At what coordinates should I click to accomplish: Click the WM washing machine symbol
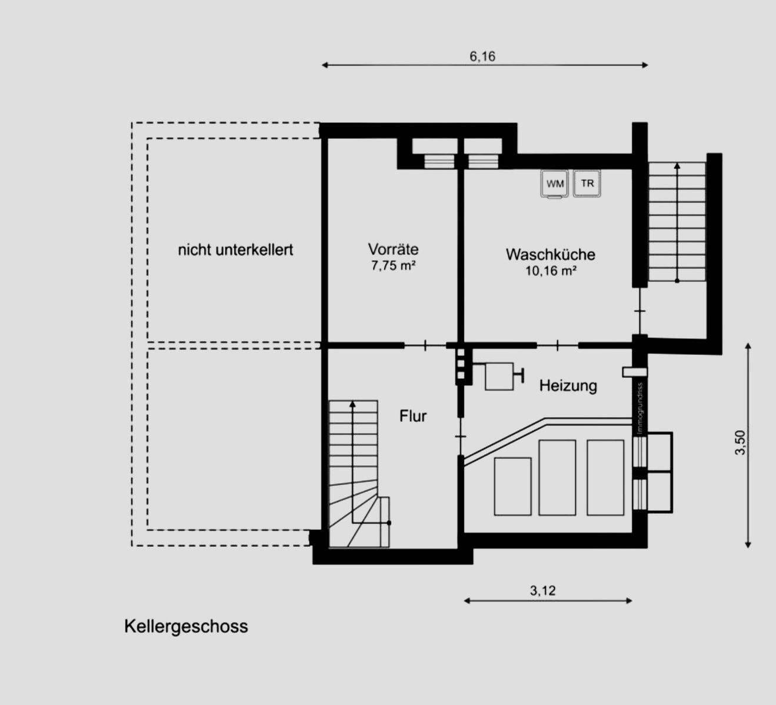pyautogui.click(x=554, y=184)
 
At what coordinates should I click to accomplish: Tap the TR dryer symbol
pyautogui.click(x=587, y=183)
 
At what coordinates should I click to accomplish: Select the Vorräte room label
pyautogui.click(x=393, y=249)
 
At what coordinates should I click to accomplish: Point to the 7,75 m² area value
pyautogui.click(x=393, y=265)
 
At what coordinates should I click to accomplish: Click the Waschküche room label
pyautogui.click(x=550, y=254)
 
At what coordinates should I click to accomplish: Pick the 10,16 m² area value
pyautogui.click(x=550, y=271)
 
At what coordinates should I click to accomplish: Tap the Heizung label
pyautogui.click(x=568, y=385)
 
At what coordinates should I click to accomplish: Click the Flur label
pyautogui.click(x=412, y=416)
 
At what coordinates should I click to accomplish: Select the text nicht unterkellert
pyautogui.click(x=235, y=250)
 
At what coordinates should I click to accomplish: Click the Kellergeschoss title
pyautogui.click(x=186, y=626)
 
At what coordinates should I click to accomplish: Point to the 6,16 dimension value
pyautogui.click(x=482, y=56)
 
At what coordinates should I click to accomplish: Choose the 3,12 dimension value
pyautogui.click(x=542, y=591)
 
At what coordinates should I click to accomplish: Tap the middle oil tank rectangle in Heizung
pyautogui.click(x=557, y=477)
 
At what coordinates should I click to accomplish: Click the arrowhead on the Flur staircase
pyautogui.click(x=352, y=404)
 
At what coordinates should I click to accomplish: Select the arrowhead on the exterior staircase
pyautogui.click(x=677, y=167)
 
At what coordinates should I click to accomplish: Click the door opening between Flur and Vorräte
pyautogui.click(x=425, y=345)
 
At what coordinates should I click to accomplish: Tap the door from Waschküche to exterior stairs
pyautogui.click(x=640, y=311)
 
